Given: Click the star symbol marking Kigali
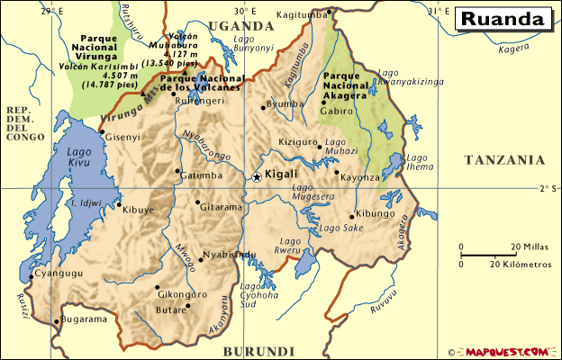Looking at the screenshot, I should coord(257,177).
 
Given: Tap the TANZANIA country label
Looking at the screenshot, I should coord(504,159).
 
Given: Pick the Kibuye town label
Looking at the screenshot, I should coord(140,210).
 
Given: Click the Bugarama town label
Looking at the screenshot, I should coord(86,319).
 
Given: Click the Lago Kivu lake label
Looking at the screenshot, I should coord(79,158).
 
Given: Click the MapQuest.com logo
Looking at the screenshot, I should coord(507,351).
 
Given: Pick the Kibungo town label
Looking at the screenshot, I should coord(376,214).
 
